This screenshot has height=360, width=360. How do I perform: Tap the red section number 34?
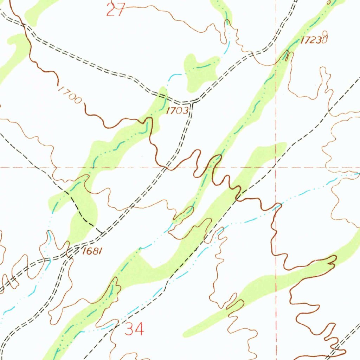click(x=134, y=329)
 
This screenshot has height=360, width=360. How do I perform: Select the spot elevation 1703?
click(x=177, y=111)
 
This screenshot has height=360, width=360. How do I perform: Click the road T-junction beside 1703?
click(x=192, y=102)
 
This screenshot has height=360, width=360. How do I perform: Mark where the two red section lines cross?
click(x=276, y=167)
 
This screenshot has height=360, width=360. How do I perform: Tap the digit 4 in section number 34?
click(x=139, y=329)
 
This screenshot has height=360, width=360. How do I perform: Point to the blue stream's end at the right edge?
click(x=358, y=173)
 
